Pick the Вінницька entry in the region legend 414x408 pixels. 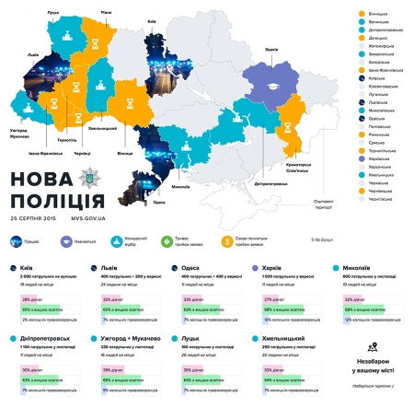coord(379,15)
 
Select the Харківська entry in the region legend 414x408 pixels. coord(379,158)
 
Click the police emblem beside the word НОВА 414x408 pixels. coord(88,178)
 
